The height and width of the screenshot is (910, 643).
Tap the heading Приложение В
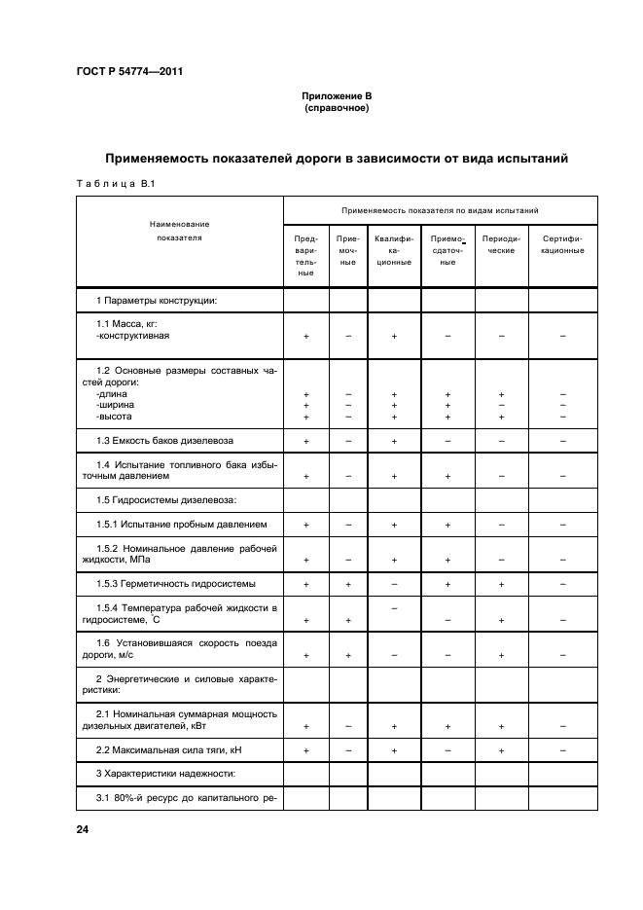[336, 96]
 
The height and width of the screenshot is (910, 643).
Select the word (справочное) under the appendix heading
[336, 108]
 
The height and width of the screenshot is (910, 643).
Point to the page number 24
[83, 829]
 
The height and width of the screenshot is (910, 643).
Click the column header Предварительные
[305, 256]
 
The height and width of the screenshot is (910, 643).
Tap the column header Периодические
[501, 243]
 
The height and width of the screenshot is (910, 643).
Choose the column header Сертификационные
[562, 243]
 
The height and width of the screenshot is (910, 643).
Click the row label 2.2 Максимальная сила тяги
[161, 750]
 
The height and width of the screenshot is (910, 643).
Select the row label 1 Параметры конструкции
[156, 300]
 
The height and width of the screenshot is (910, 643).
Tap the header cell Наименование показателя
[179, 231]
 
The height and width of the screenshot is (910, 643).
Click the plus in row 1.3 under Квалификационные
[394, 442]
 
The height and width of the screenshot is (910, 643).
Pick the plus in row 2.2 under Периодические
[501, 751]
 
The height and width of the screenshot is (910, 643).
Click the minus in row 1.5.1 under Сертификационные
[562, 526]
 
